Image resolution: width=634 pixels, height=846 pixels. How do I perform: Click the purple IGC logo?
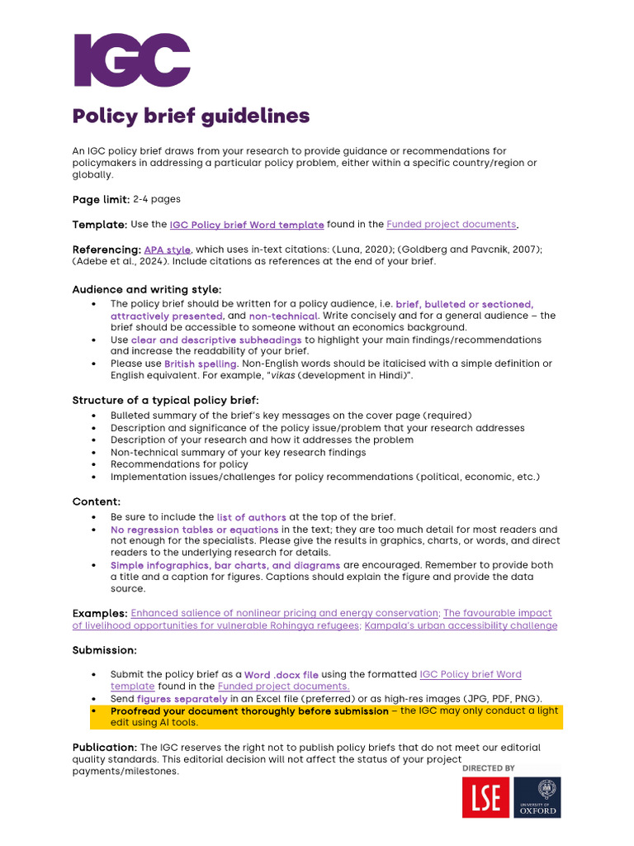132,60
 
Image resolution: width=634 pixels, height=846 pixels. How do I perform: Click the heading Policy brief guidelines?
191,116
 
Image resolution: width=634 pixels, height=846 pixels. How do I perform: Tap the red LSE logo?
485,798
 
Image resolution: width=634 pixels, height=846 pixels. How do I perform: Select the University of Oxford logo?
537,798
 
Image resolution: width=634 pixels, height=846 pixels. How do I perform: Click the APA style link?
167,250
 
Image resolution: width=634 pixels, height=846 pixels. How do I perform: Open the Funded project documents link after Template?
452,225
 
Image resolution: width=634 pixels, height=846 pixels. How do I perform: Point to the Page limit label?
101,199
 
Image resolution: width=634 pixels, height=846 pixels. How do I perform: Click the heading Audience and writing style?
146,290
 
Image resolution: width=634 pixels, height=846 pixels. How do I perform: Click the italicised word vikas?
281,376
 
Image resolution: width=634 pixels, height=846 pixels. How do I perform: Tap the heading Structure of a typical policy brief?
165,401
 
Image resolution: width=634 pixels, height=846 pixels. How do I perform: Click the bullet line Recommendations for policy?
179,464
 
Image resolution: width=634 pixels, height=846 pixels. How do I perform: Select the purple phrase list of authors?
251,517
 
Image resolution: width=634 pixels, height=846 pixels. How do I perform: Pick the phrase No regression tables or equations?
194,530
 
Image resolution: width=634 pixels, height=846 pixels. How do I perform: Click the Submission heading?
104,650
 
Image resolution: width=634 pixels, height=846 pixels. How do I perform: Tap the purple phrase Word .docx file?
281,675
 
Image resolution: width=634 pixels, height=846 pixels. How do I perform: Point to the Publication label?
105,748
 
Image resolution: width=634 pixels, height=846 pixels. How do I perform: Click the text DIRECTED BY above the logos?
488,768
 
